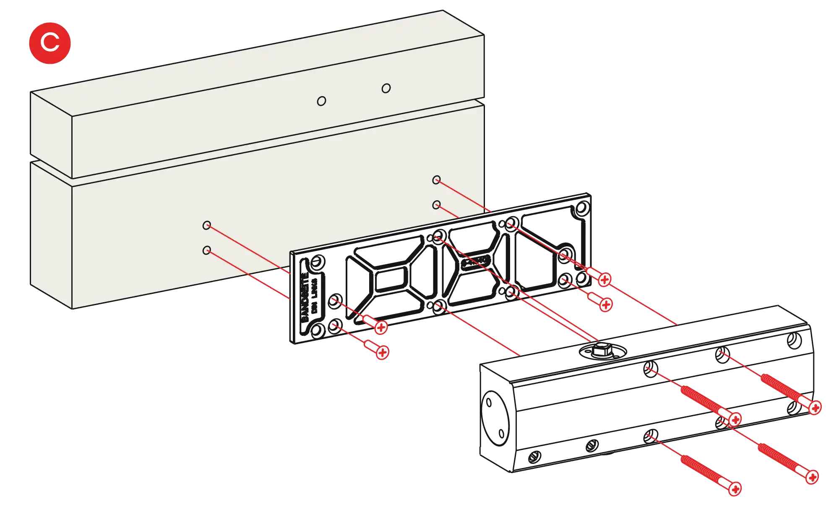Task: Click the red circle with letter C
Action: click(x=50, y=43)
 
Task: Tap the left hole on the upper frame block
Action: click(x=321, y=101)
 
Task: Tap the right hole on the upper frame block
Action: click(x=386, y=88)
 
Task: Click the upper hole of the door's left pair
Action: click(x=206, y=225)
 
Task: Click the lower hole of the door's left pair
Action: click(x=206, y=251)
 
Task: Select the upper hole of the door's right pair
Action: click(x=436, y=180)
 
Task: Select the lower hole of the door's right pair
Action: click(x=436, y=205)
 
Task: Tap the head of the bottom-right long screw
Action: click(x=812, y=477)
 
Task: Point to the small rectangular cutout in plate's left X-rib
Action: click(x=390, y=280)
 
